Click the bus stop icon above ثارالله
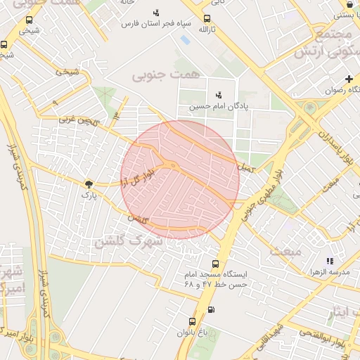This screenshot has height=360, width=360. (x=207, y=19)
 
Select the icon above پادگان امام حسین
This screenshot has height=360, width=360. (x=219, y=95)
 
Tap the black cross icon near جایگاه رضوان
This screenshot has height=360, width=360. (x=349, y=79)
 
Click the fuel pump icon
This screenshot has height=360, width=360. (x=212, y=310)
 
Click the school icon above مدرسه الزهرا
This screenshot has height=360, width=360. (x=330, y=260)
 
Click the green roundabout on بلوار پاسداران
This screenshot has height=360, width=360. (x=308, y=106)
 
